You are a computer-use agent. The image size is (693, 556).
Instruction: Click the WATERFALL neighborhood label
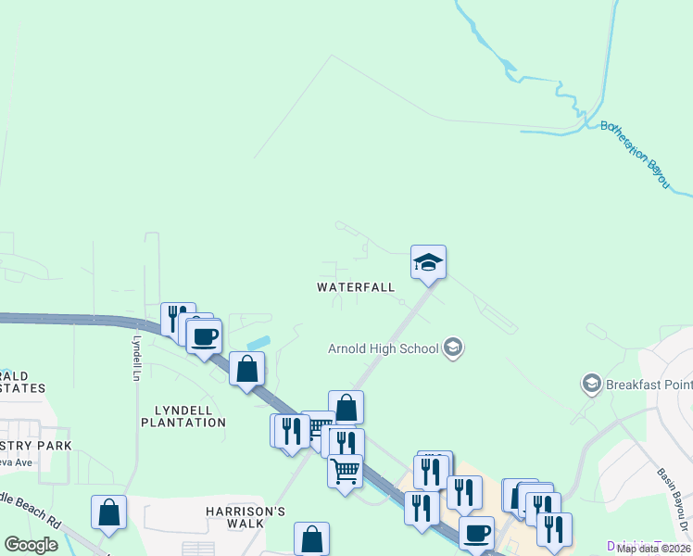356,287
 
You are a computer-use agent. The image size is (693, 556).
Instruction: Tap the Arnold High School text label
384,349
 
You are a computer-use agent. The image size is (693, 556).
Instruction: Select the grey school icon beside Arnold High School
453,348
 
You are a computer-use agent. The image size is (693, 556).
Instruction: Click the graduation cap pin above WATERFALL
429,262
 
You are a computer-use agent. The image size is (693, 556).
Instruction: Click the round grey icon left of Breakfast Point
589,383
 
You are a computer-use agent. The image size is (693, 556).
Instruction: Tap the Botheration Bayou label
635,155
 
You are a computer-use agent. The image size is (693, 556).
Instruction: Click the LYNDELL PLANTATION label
183,416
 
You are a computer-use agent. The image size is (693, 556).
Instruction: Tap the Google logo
31,545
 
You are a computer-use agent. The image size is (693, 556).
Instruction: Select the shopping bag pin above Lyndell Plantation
247,370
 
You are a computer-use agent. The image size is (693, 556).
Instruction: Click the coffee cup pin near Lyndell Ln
205,335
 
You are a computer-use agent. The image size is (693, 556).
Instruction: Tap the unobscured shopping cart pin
346,471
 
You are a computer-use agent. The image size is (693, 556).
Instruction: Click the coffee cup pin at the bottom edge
477,535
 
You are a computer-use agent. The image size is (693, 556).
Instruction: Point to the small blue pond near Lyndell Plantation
259,343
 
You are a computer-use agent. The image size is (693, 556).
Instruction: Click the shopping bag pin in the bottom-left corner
109,512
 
